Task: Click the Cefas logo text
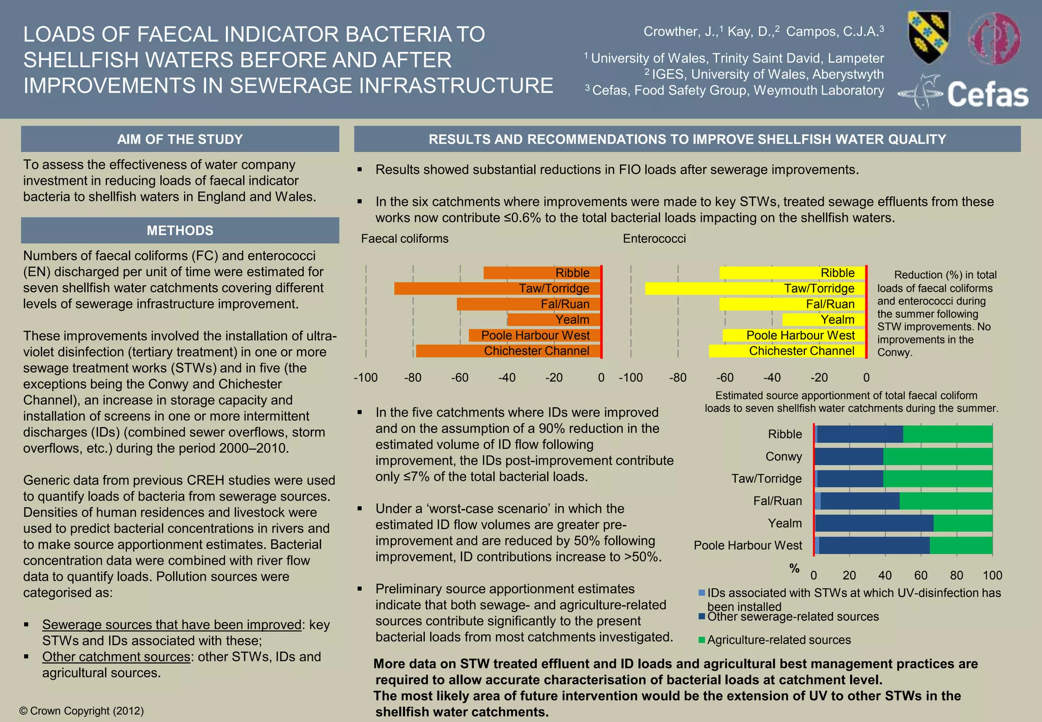point(987,95)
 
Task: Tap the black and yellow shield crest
point(929,38)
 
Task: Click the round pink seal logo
point(994,39)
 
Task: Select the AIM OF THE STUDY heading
point(180,139)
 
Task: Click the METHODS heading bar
point(180,230)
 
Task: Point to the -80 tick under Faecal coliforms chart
point(413,378)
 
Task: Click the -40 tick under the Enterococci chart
point(772,378)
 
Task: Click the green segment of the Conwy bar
point(938,457)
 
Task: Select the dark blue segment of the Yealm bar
point(874,523)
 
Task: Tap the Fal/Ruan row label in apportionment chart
point(777,501)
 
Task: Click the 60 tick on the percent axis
point(920,575)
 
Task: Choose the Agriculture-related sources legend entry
point(778,640)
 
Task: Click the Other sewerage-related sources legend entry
point(793,617)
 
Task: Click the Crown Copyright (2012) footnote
point(81,711)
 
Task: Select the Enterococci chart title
point(654,239)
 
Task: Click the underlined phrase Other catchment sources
point(116,657)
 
